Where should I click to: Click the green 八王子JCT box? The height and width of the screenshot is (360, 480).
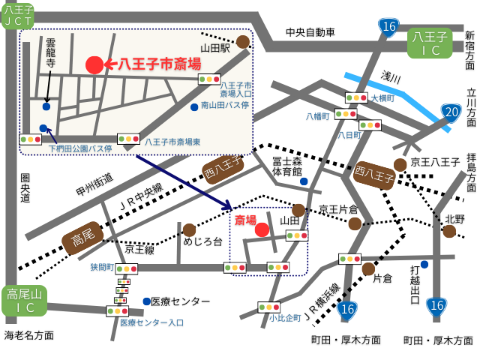coord(18,16)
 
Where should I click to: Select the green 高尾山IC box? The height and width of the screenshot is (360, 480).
coord(25,300)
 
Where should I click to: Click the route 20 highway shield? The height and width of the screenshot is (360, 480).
coord(450,112)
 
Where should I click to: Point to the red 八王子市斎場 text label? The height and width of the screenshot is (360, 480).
coord(160,64)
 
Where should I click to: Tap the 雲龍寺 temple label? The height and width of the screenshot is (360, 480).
coord(50,53)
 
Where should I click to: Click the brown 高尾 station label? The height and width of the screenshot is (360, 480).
coord(83,238)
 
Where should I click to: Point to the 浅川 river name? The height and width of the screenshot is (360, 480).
coord(391,76)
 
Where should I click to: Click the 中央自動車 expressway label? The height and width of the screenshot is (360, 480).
coord(310,32)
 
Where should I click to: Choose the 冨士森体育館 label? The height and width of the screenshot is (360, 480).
coord(286,166)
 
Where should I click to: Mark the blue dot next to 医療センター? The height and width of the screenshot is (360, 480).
coord(146,301)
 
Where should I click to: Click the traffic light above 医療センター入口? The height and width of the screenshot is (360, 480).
coord(117,310)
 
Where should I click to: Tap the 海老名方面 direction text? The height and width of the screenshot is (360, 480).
coord(29,335)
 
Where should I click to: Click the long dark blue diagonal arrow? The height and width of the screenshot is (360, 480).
coord(184,181)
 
